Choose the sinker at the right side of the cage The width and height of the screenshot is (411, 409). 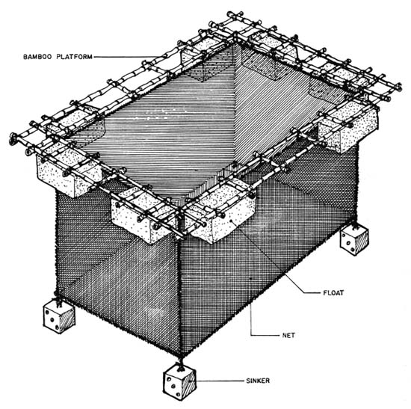(352, 242)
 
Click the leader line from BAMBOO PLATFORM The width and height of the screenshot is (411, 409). (142, 56)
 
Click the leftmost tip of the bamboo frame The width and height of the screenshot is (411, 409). (13, 138)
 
